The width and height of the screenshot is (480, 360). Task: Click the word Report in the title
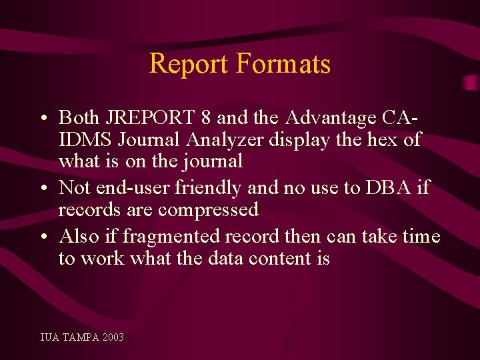[189, 65]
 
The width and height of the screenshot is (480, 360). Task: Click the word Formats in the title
[283, 65]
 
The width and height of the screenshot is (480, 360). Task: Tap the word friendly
[211, 188]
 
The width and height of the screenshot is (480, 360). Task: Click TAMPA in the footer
[80, 337]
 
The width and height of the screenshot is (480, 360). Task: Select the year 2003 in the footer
[113, 337]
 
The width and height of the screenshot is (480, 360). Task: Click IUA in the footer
[49, 337]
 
